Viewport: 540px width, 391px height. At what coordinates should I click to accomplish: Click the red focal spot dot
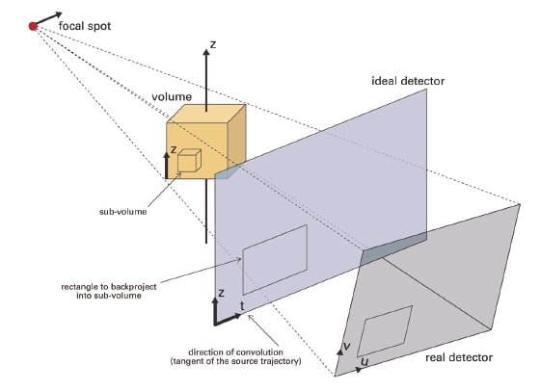coord(33,26)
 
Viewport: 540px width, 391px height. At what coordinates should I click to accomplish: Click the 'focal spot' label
coord(85,26)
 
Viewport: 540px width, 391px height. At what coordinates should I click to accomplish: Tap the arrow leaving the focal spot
coord(48,18)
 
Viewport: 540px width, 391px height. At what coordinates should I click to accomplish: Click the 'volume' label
coord(172,96)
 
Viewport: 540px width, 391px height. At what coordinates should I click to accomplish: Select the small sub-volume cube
coord(189,160)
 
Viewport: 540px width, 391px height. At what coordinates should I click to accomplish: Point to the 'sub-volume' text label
coord(123,212)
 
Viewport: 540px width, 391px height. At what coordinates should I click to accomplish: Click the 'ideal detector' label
coord(408,81)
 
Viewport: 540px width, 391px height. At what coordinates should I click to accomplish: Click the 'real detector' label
coord(459,357)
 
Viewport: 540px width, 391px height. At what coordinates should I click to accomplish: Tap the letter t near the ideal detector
coord(242,305)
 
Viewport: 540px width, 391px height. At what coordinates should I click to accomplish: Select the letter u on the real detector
coord(364,362)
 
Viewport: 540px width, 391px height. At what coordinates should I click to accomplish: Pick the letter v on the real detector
coord(347,346)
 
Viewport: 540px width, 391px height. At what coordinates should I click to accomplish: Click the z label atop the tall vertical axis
coord(213,44)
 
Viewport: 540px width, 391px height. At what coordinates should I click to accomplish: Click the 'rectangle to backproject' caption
coord(109,291)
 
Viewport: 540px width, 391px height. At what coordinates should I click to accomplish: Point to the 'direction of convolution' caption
coord(235,356)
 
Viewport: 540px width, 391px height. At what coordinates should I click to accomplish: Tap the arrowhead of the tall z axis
coord(206,52)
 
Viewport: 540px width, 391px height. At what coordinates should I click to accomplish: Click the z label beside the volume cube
coord(174,149)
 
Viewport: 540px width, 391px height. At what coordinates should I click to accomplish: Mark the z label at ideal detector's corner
coord(221,293)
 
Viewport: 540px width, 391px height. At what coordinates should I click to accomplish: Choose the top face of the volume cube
coord(206,114)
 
